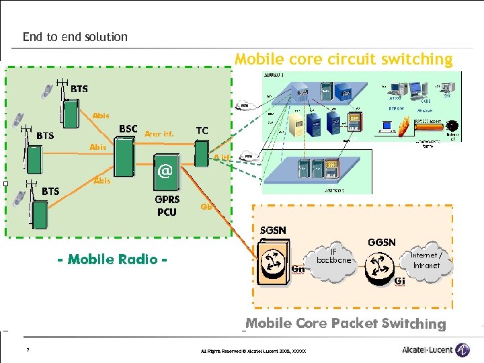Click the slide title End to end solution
75,37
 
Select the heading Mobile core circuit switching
344,59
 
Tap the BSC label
128,128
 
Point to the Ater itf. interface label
159,134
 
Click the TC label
202,130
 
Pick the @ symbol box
165,171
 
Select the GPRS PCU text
167,206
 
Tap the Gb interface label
207,206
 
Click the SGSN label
273,230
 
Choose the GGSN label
381,242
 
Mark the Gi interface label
399,280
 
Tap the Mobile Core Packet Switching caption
346,323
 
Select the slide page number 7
27,350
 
